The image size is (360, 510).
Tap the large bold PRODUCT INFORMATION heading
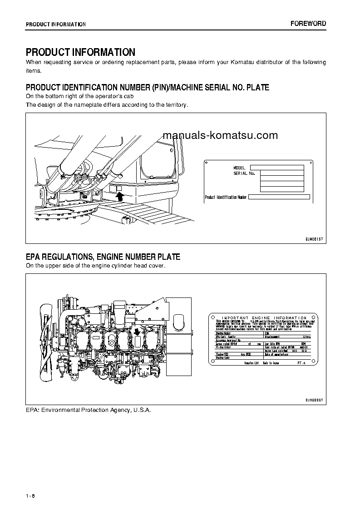coord(80,52)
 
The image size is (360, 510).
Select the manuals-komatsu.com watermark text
coord(220,135)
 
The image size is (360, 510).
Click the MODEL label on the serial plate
coord(239,168)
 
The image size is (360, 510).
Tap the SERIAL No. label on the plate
coord(244,173)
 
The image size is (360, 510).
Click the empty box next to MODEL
coord(277,168)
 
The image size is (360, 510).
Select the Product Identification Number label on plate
coord(226,197)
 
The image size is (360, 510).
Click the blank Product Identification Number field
coord(279,197)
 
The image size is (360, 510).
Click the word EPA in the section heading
coord(33,257)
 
